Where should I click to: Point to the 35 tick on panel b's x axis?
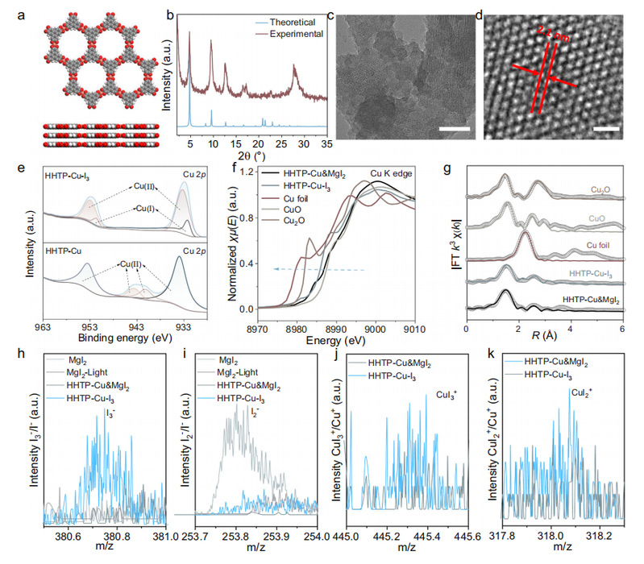[x=328, y=143]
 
